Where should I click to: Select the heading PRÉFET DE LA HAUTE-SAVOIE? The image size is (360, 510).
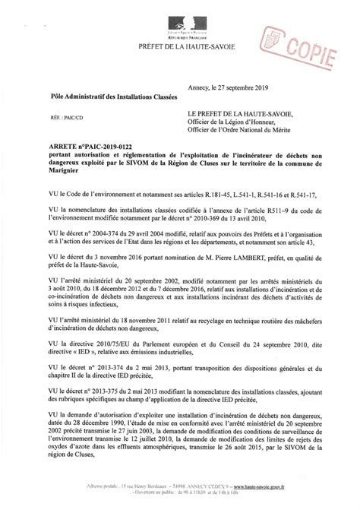coord(180,48)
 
